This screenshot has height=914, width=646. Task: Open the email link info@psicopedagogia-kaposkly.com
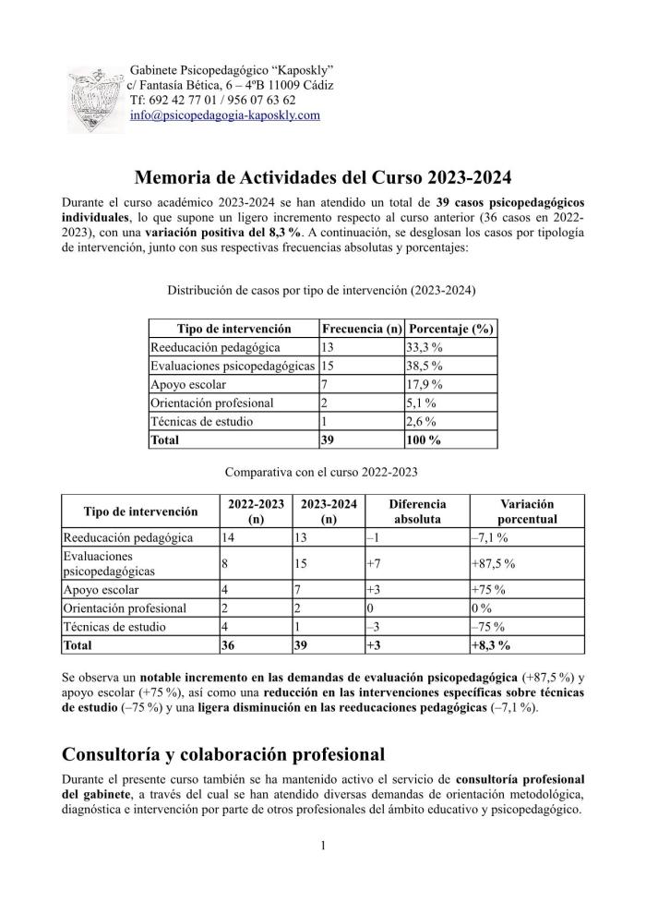coord(225,115)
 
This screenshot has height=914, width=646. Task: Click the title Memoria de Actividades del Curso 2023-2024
coord(322,176)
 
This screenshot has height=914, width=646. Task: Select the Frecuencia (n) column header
coord(362,329)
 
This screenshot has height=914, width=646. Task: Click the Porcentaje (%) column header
coord(451,329)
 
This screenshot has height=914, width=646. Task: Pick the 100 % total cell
coord(425,440)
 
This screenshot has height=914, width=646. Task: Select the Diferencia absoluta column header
coord(417,511)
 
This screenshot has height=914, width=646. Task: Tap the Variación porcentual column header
coord(527,511)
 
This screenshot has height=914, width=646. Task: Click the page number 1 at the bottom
coord(323,844)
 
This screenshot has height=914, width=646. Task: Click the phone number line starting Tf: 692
coord(213,100)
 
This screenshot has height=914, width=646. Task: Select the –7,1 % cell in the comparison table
coord(487,537)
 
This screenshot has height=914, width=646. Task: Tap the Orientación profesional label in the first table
coord(212,403)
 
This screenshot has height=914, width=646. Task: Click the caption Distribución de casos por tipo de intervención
coord(321,289)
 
